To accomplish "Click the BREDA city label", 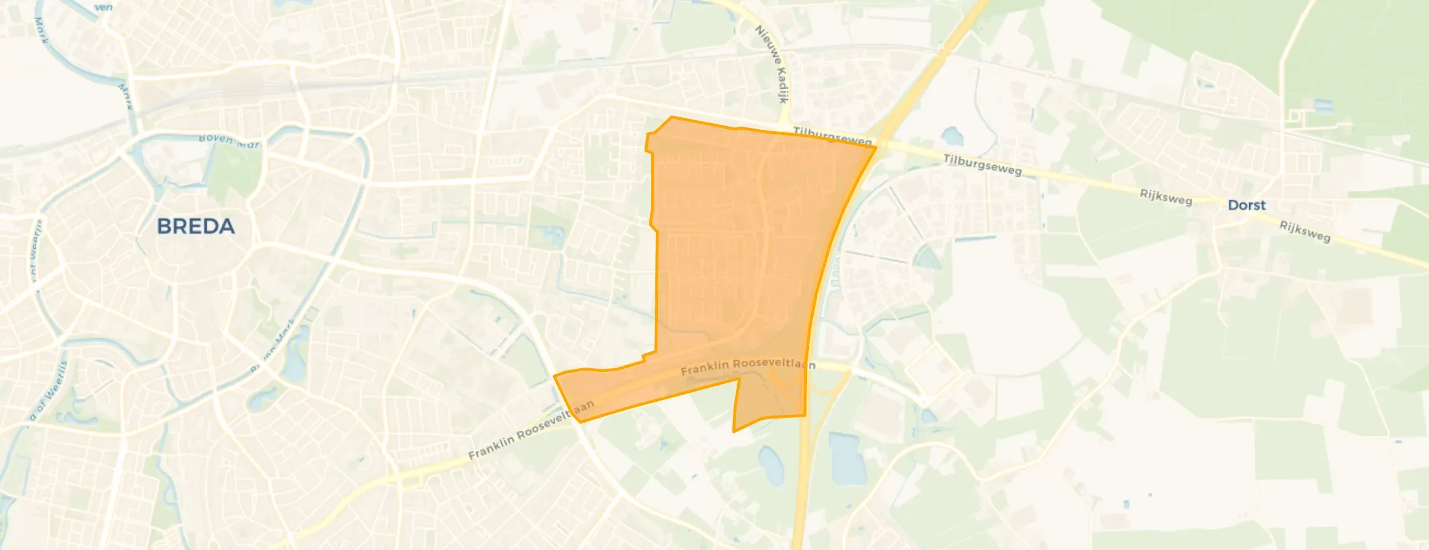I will click(x=195, y=227).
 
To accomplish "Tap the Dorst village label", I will click(x=1247, y=205).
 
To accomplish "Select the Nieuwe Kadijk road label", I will click(x=773, y=64).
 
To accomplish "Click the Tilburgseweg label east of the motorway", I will click(x=982, y=164).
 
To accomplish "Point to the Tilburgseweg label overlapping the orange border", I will click(x=832, y=137).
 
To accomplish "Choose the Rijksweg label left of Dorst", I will click(x=1166, y=197).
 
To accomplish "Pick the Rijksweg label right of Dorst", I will click(x=1305, y=231).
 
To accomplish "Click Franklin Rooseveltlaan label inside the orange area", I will click(x=747, y=366).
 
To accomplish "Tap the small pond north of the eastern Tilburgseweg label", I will click(x=952, y=137).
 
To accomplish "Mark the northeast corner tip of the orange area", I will click(x=876, y=146).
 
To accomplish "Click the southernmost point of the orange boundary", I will click(x=734, y=431).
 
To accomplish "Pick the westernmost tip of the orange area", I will click(x=555, y=376).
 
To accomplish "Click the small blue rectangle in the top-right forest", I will click(x=1323, y=106).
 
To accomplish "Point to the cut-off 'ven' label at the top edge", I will click(x=103, y=7).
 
